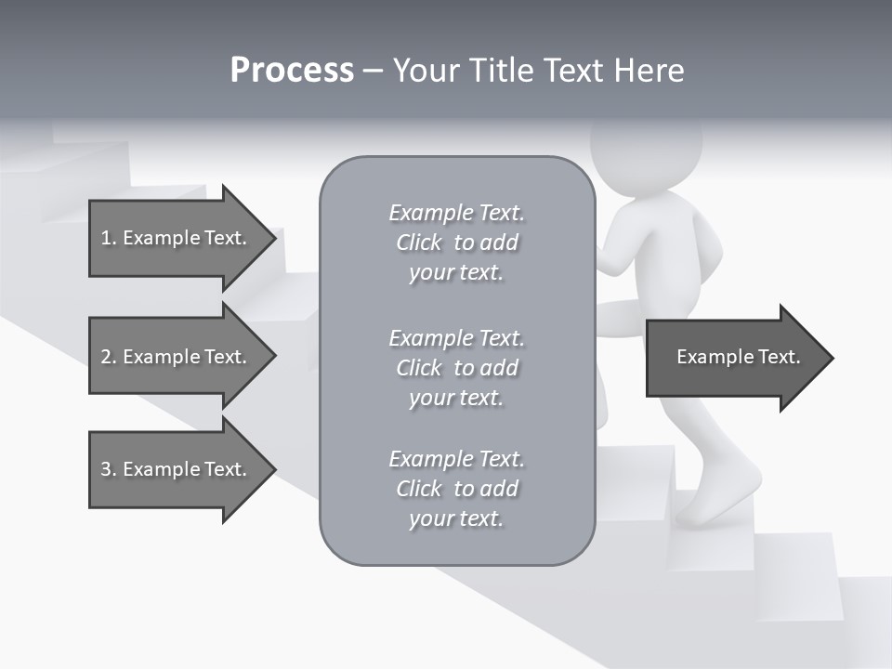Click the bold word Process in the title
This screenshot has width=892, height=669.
click(292, 71)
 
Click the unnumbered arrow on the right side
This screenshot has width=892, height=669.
click(739, 357)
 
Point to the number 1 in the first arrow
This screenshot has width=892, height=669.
click(106, 238)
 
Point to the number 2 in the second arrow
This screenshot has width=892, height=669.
click(106, 357)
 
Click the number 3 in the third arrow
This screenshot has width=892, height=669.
click(106, 469)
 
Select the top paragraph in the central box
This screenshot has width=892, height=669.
click(456, 243)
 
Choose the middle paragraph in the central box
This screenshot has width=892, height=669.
click(456, 367)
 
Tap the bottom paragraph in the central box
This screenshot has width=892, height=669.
click(456, 489)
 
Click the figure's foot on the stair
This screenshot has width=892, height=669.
click(715, 497)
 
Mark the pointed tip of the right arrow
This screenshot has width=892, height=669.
click(832, 358)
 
